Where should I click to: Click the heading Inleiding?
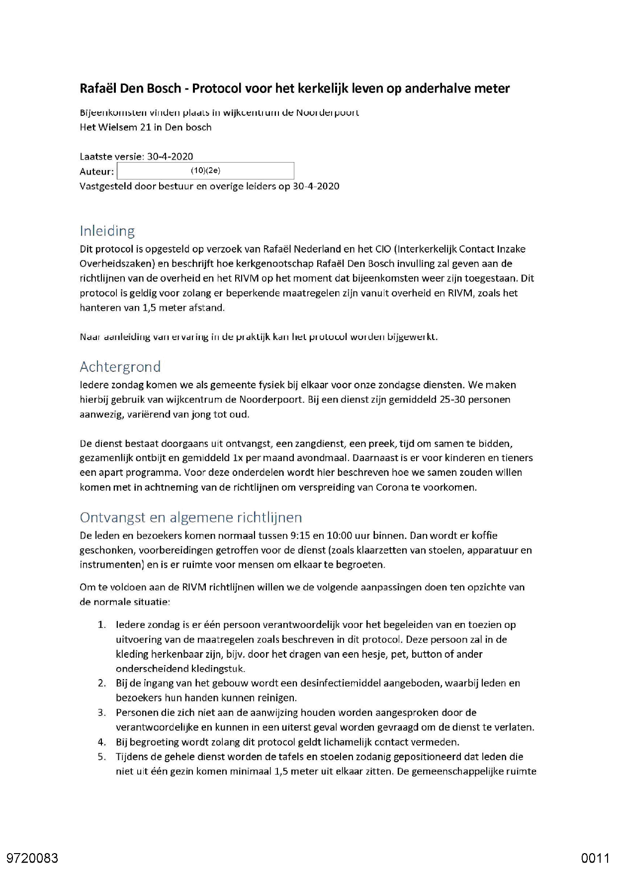coord(107,231)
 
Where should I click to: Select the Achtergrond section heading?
coord(120,367)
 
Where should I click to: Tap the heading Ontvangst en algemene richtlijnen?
coord(190,518)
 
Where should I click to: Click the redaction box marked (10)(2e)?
coord(205,171)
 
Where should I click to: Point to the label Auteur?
coord(96,172)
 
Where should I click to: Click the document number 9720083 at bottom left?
coord(32,858)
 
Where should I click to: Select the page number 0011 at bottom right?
coord(595,858)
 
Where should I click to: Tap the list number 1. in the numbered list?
coord(101,625)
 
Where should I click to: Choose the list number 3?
coord(101,713)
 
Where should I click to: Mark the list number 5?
coord(101,757)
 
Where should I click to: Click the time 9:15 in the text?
coord(299,536)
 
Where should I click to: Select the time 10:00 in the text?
coord(338,536)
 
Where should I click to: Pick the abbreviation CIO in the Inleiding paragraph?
coord(382,249)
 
